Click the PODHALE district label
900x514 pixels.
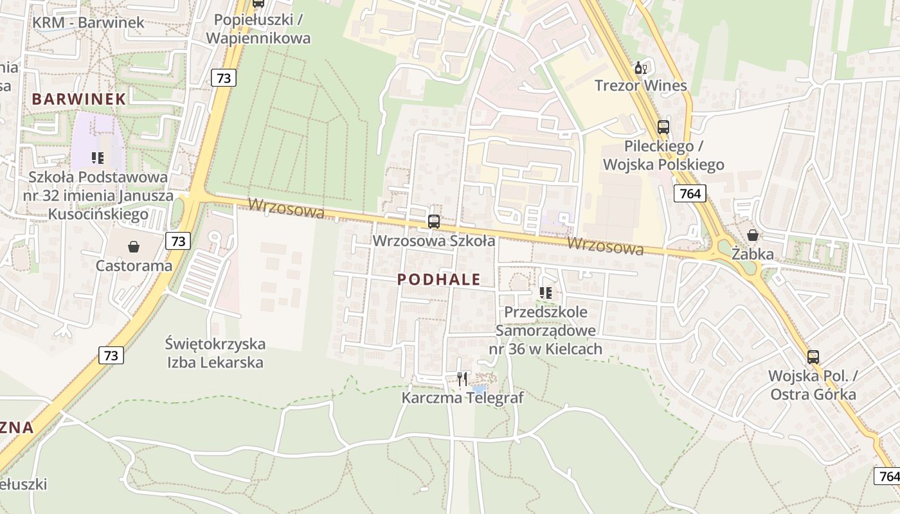point(439,279)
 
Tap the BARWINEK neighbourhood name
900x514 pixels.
point(78,99)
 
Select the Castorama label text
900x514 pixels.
point(134,265)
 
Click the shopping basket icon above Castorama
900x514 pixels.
point(134,247)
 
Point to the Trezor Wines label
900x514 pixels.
point(640,85)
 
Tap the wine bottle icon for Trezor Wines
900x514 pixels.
point(640,67)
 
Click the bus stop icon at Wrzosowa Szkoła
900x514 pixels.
point(434,222)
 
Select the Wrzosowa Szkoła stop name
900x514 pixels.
point(434,241)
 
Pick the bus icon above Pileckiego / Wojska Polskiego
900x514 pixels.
point(663,127)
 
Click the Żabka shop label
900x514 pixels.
point(752,254)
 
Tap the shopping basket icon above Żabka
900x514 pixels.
point(752,236)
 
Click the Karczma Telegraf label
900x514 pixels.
point(462,398)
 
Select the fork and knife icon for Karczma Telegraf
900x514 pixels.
point(462,379)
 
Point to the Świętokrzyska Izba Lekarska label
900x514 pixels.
point(215,353)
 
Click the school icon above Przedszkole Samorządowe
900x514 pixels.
point(546,293)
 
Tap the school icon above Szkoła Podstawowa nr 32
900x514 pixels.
point(98,157)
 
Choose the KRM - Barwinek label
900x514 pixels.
point(89,22)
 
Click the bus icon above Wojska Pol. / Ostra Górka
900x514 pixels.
point(813,357)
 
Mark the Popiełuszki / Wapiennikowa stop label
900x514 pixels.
point(258,29)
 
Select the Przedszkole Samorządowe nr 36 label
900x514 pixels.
point(546,330)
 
